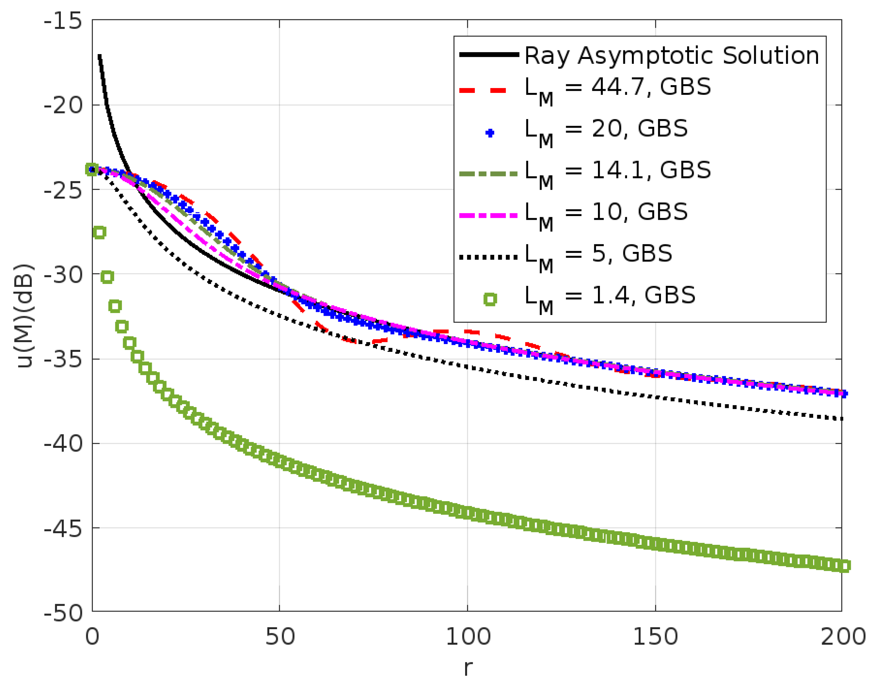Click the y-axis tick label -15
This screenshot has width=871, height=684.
pos(63,21)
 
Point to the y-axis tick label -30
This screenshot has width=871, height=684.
pos(63,274)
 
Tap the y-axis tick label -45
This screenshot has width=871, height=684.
pos(63,529)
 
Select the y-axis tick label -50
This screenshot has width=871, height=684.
pos(63,613)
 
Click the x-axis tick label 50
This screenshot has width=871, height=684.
pos(280,637)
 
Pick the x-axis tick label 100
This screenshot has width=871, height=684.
pos(467,637)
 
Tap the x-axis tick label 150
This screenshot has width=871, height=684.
pos(655,637)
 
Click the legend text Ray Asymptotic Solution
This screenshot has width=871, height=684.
pos(671,55)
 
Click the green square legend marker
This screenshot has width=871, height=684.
pos(490,299)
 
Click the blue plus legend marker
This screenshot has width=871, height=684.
pos(489,133)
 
